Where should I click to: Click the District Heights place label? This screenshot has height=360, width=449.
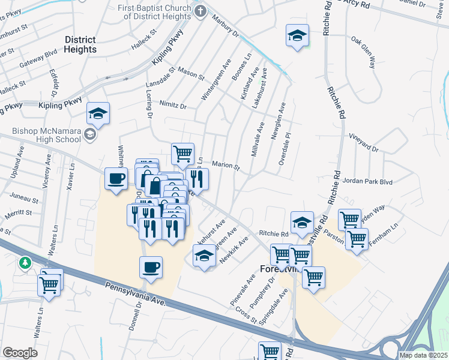(80, 44)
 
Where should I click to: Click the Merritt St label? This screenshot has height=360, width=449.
(19, 213)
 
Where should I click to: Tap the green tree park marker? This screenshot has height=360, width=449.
(25, 263)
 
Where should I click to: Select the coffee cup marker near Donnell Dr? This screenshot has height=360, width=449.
(151, 266)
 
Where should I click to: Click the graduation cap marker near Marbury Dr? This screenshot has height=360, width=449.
(297, 35)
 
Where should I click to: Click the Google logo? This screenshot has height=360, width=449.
(20, 352)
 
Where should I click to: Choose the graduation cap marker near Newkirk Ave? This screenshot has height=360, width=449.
(204, 256)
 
